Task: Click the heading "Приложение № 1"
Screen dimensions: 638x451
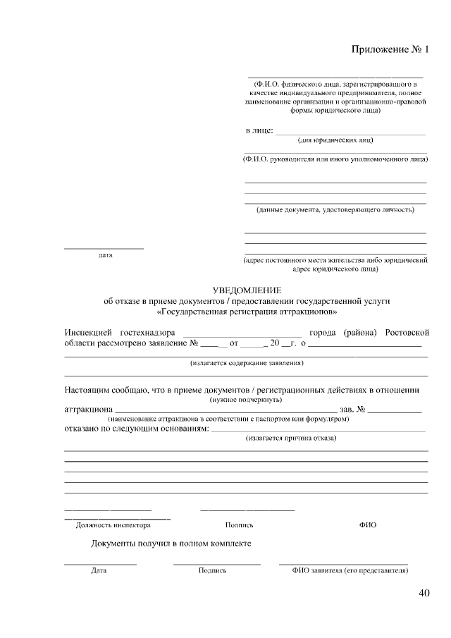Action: (390, 49)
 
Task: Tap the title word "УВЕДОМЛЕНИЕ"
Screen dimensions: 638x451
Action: (247, 290)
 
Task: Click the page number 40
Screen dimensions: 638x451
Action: (423, 593)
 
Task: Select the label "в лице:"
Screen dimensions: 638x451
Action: (259, 131)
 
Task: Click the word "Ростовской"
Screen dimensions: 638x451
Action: (407, 332)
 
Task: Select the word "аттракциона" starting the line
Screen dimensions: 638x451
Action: (88, 409)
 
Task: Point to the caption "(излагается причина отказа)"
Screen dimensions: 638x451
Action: (291, 438)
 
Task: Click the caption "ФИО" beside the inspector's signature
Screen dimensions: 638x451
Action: (367, 525)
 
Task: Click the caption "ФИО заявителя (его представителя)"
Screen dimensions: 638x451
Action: (350, 570)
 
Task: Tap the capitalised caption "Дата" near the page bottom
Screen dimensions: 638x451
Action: (99, 570)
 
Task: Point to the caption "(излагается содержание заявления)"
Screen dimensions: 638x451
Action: (247, 364)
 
